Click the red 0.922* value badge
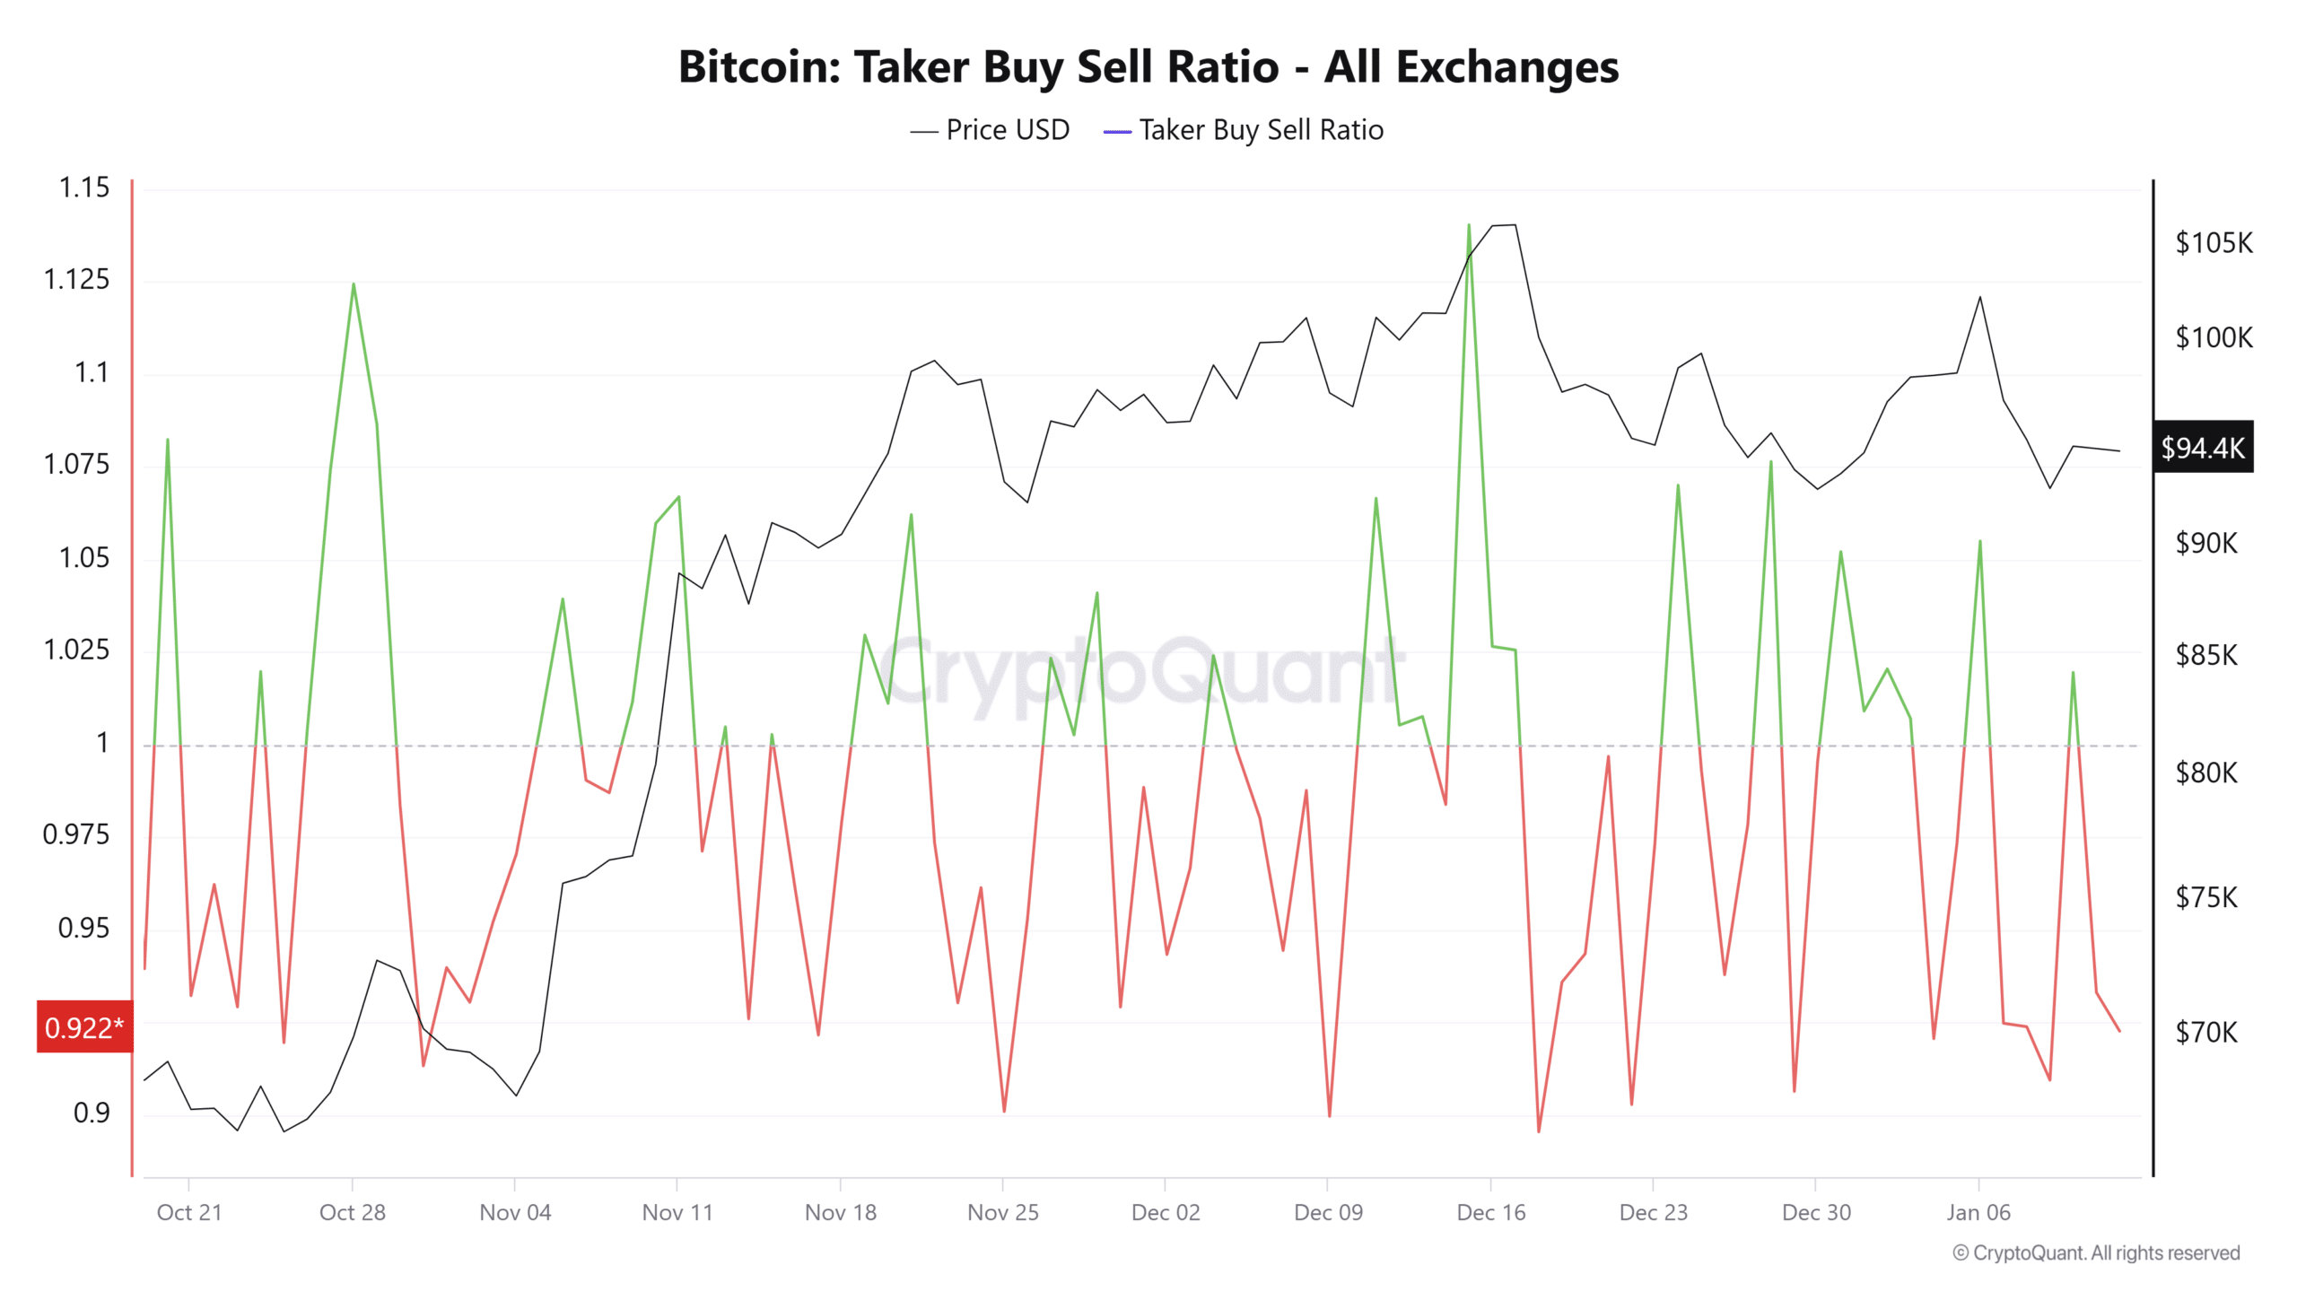click(84, 1027)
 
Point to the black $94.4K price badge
click(2203, 447)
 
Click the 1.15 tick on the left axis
click(83, 188)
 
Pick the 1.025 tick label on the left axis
click(76, 650)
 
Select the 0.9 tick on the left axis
click(92, 1113)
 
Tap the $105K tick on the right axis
click(2214, 242)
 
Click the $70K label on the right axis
click(2206, 1032)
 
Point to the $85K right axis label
click(2206, 655)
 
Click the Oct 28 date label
click(352, 1212)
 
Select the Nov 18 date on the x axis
click(840, 1212)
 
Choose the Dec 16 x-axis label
click(1490, 1212)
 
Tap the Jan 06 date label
click(1978, 1212)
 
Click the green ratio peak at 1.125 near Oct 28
click(354, 284)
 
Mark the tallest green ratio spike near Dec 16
click(1469, 225)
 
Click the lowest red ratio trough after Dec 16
click(1539, 1130)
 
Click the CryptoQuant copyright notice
click(2096, 1253)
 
